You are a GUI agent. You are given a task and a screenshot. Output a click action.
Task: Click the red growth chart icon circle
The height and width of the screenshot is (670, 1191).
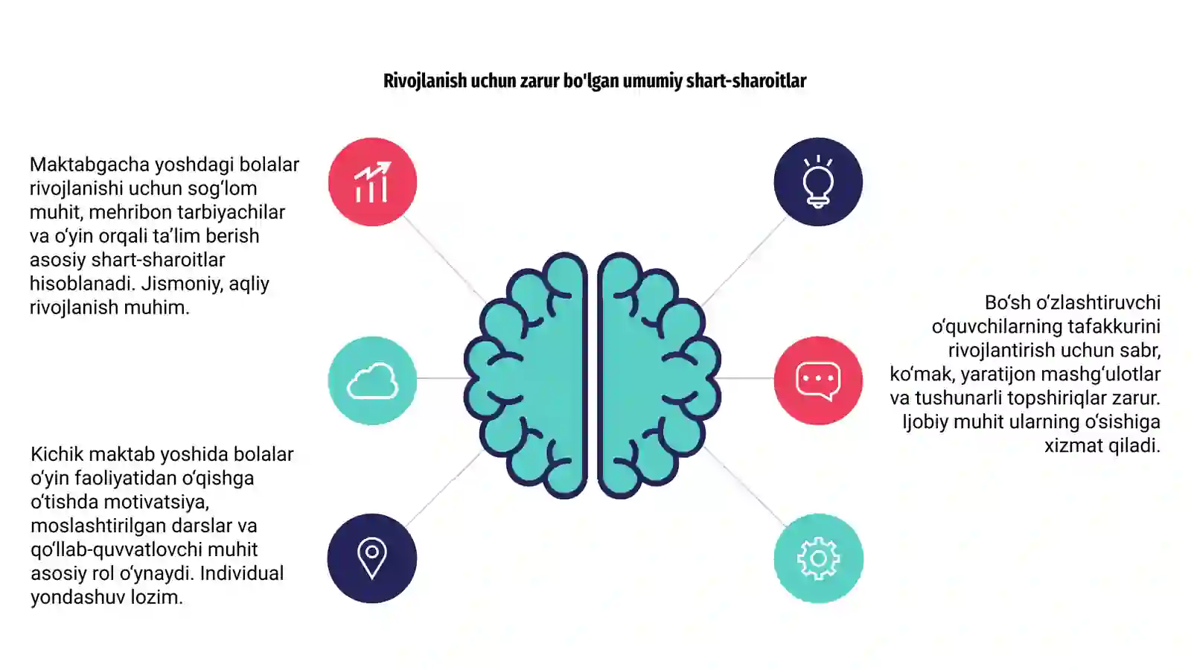click(372, 182)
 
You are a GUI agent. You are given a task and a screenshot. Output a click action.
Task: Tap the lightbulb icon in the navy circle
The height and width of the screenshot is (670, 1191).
click(818, 182)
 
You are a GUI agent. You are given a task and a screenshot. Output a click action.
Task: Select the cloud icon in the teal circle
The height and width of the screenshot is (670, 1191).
click(372, 380)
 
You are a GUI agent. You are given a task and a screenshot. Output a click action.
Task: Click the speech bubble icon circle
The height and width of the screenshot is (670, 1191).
click(818, 380)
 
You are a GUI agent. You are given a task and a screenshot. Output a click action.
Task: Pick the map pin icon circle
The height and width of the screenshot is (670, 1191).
click(372, 558)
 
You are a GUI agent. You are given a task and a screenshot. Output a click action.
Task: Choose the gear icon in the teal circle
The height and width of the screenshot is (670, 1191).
click(818, 558)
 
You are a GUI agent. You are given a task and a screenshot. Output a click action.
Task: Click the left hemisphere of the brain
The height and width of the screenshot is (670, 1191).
click(526, 375)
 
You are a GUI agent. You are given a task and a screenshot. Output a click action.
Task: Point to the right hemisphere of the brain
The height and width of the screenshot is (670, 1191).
click(660, 375)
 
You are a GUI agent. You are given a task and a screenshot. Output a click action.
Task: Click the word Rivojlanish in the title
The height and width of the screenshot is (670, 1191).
click(425, 81)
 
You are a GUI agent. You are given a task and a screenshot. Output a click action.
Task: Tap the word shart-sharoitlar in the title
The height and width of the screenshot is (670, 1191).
click(746, 81)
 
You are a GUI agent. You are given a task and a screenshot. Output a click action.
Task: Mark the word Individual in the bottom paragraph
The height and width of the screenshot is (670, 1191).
click(242, 573)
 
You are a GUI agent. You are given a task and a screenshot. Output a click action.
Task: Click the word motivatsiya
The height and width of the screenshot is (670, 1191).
click(156, 502)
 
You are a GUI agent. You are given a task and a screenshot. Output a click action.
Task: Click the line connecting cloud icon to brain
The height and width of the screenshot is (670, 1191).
click(441, 378)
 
